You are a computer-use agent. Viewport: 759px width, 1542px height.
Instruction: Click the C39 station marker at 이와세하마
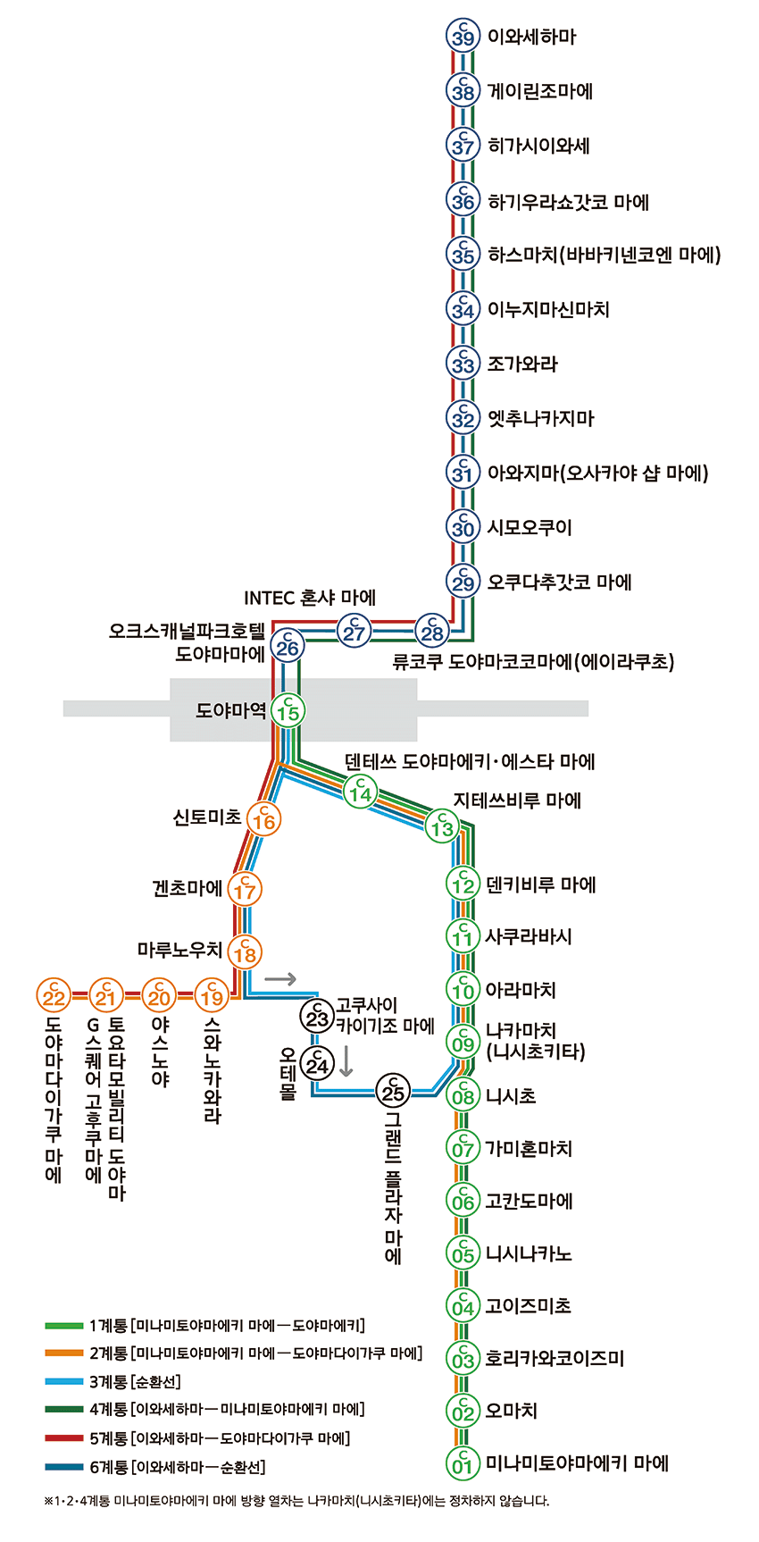click(463, 36)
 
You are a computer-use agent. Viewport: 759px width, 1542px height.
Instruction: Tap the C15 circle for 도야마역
click(288, 711)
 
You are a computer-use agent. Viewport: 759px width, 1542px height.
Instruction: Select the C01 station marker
click(463, 1463)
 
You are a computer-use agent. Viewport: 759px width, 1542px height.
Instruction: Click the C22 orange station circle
click(54, 994)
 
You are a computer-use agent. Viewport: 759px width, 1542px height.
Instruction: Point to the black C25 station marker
click(393, 1090)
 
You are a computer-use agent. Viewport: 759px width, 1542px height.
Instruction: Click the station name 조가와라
click(522, 364)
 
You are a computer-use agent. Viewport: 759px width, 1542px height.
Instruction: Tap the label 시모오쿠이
click(530, 527)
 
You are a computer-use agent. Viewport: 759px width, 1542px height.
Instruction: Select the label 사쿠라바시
click(529, 936)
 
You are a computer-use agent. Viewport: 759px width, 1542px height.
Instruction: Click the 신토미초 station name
click(206, 817)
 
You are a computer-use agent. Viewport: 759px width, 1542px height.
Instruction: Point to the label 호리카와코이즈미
click(555, 1358)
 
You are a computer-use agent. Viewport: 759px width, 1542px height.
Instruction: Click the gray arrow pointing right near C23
click(280, 978)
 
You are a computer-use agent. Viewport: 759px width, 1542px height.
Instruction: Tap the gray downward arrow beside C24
click(346, 1060)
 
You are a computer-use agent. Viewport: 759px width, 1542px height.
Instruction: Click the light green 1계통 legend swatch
click(63, 1326)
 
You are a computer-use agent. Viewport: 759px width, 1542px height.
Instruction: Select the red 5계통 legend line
click(63, 1438)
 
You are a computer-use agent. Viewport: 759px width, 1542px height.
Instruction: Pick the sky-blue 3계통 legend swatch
click(63, 1382)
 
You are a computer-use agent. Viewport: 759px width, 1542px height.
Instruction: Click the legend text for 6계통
click(178, 1467)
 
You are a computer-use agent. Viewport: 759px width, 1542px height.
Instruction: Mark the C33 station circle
click(463, 363)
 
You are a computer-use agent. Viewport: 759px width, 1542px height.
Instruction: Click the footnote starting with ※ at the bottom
click(296, 1501)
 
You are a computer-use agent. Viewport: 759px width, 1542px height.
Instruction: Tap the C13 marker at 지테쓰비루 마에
click(442, 825)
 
